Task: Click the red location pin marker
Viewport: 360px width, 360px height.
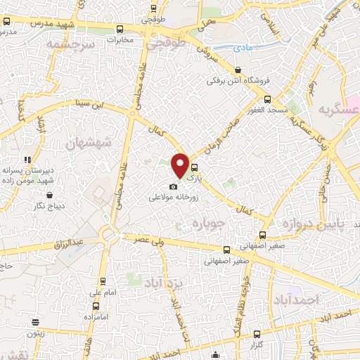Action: coord(180,165)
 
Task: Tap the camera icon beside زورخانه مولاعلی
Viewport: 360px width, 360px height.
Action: coord(173,186)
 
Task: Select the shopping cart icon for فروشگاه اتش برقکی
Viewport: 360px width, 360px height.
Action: coord(238,70)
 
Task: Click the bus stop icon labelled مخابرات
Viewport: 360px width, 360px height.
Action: coord(120,30)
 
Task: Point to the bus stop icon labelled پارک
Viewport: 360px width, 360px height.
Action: coord(194,167)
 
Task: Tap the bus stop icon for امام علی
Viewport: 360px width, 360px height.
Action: coord(96,279)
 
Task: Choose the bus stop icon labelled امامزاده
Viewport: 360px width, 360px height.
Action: coord(96,307)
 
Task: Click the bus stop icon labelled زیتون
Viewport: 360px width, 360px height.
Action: coord(34,323)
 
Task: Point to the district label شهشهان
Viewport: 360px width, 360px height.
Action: coord(89,143)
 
